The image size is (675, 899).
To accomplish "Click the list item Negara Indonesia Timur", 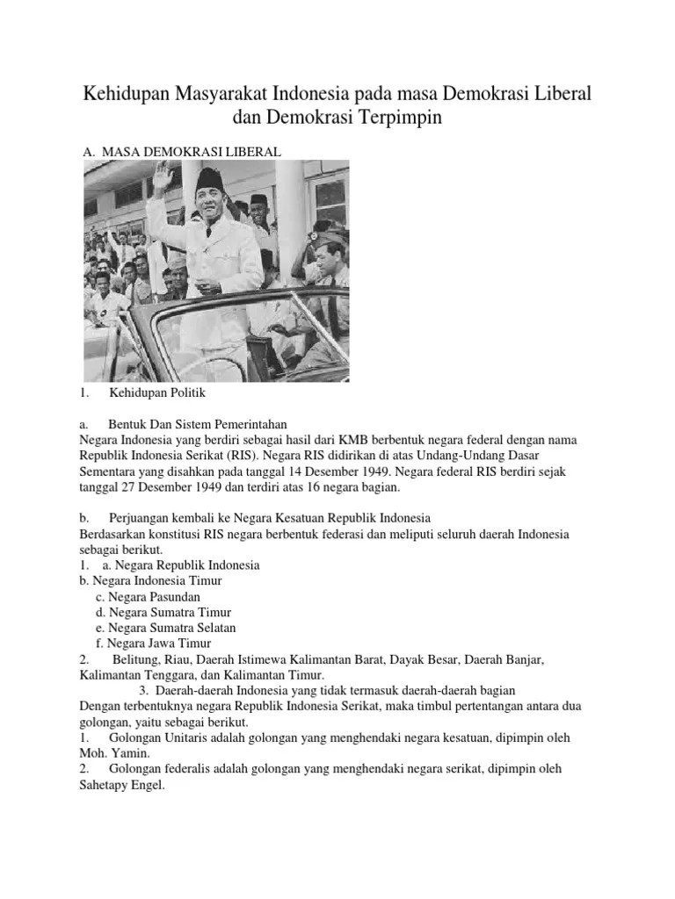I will (150, 580).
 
